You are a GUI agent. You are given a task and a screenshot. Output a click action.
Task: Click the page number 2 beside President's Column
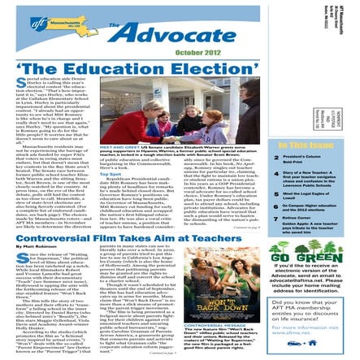point(282,155)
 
